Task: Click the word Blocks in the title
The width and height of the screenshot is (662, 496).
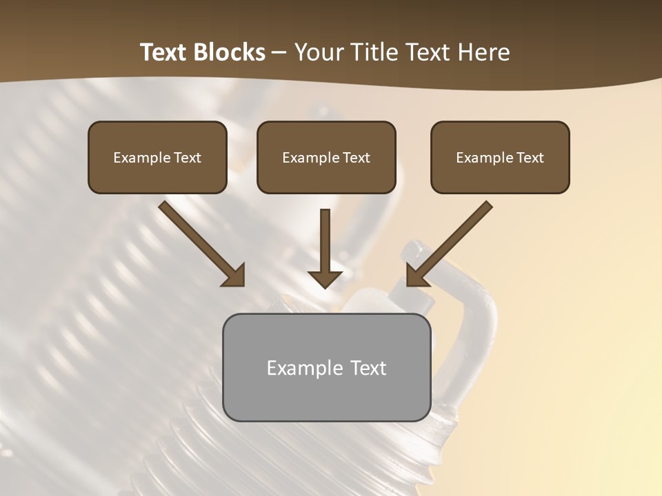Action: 229,52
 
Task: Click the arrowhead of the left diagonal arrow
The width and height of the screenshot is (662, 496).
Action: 234,276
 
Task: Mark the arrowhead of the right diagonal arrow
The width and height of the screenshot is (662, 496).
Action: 417,276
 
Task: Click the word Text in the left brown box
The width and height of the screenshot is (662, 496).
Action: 187,158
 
